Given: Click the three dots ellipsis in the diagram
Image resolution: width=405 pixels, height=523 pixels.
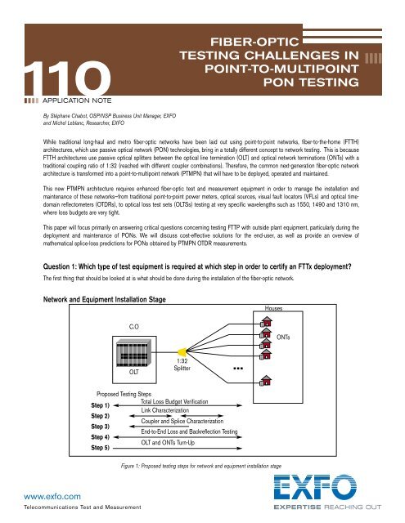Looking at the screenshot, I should click(241, 369).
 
